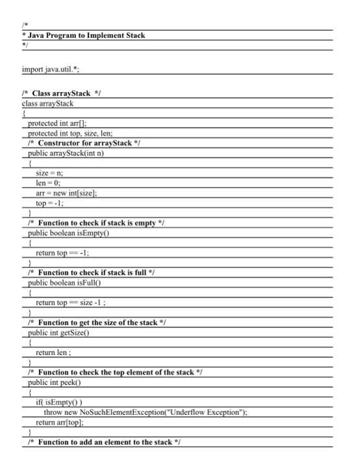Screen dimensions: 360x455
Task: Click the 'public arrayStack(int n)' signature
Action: [x=70, y=153]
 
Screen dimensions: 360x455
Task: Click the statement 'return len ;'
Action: [x=54, y=352]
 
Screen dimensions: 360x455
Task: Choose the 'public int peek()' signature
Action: [x=60, y=382]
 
